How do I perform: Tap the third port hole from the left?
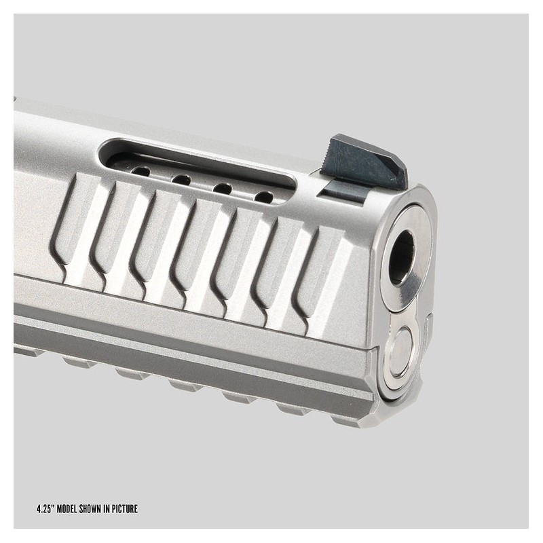point(223,189)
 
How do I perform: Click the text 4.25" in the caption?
point(45,509)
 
